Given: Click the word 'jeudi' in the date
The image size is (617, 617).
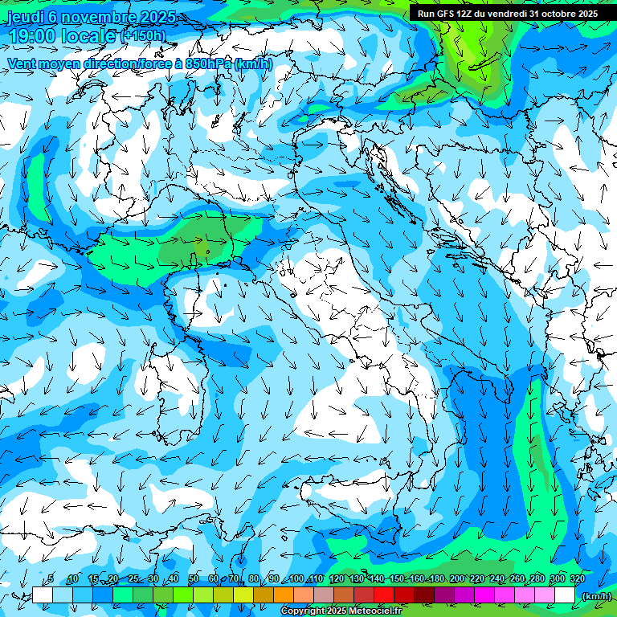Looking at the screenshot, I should pos(25,18).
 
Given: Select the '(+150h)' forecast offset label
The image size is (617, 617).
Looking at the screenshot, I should pos(143,35).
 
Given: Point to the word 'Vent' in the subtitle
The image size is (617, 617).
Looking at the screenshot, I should pos(23,63).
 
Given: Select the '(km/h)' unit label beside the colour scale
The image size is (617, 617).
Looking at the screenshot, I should pos(595,596).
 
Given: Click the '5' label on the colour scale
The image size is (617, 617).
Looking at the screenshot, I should pos(51,578).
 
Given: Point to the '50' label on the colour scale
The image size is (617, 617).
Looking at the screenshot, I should pos(194,578).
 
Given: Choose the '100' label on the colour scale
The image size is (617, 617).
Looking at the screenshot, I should pos(296,578).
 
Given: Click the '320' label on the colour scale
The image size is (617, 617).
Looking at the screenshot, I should pos(578,578).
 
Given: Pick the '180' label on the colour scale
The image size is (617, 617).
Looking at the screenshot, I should pos(437,578).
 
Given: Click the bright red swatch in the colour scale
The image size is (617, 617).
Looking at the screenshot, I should pos(384,595).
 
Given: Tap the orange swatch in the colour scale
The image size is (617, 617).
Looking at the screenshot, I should pos(284,595).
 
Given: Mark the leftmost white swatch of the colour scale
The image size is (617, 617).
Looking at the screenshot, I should pos(43,595).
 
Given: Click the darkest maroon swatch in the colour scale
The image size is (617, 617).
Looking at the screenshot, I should pos(424,595).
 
